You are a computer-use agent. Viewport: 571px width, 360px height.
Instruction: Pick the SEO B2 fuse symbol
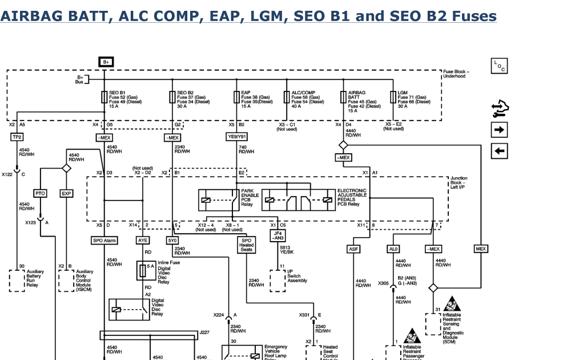(172, 98)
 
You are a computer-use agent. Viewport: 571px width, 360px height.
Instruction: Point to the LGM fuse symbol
(393, 98)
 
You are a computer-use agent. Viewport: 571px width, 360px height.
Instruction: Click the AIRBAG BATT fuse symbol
(343, 98)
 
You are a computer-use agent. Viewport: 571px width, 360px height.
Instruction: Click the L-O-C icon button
(499, 66)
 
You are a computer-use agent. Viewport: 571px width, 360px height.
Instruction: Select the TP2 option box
(17, 137)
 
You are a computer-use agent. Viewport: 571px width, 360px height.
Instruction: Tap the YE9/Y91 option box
(237, 137)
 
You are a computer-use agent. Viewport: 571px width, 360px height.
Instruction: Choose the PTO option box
(40, 194)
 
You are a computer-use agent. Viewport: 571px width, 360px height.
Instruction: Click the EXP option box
(67, 194)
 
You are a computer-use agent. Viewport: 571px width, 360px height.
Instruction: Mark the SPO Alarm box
(104, 241)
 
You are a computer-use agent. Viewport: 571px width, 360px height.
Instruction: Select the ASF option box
(353, 249)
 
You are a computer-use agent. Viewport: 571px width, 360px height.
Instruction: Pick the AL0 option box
(393, 249)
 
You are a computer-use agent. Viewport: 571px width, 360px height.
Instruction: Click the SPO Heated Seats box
(246, 245)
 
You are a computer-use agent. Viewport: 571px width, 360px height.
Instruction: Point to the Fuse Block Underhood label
(456, 74)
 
